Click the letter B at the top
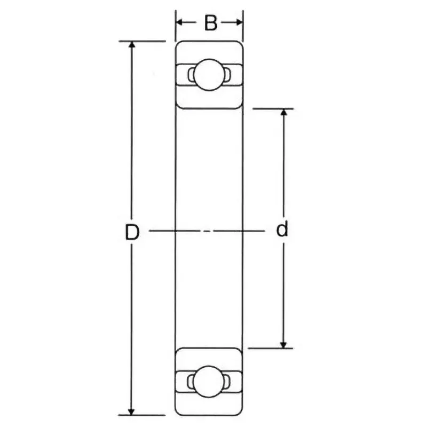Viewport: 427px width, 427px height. [x=211, y=23]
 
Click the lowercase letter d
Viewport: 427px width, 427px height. [x=282, y=230]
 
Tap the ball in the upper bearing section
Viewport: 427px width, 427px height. [x=207, y=75]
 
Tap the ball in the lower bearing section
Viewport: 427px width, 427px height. [x=207, y=381]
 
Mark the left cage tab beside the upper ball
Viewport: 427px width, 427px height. [x=190, y=75]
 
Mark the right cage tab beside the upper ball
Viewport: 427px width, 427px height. [x=227, y=75]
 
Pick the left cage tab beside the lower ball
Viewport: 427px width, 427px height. [x=190, y=381]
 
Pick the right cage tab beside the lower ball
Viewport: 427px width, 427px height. [x=227, y=381]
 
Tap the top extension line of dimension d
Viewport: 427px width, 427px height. [x=272, y=109]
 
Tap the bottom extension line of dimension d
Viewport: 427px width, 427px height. [x=272, y=349]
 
